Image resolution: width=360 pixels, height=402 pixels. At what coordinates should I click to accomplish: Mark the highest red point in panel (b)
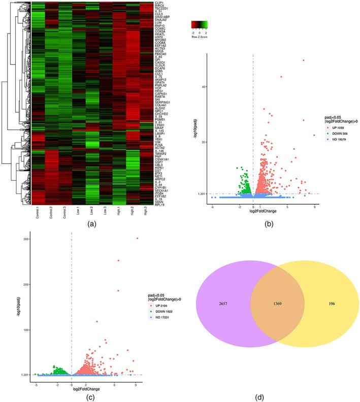[x=304, y=60]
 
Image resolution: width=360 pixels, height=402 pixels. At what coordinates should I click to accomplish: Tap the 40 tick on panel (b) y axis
[x=203, y=87]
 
